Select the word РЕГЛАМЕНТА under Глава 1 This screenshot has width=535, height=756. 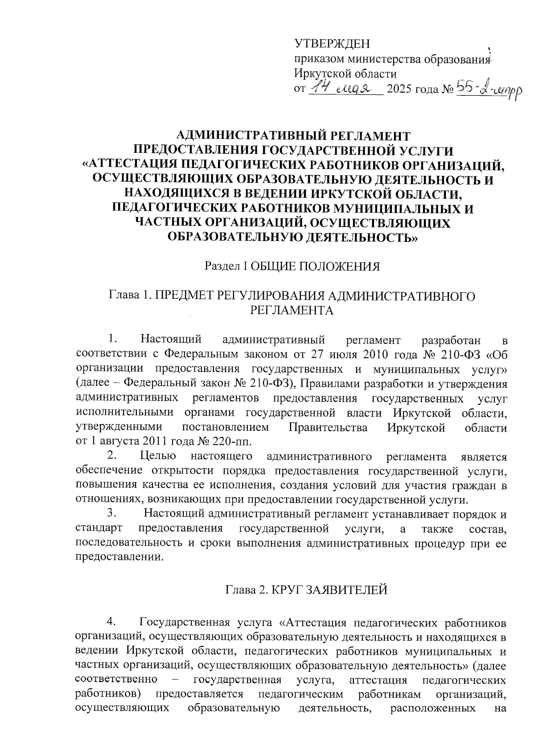pos(292,311)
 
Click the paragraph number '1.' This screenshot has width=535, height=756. pos(112,340)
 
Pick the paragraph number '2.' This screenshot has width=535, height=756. pos(112,456)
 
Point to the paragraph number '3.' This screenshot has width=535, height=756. pos(112,514)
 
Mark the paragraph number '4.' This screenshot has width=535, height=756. pos(112,621)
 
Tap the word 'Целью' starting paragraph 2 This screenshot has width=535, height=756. pos(158,456)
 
